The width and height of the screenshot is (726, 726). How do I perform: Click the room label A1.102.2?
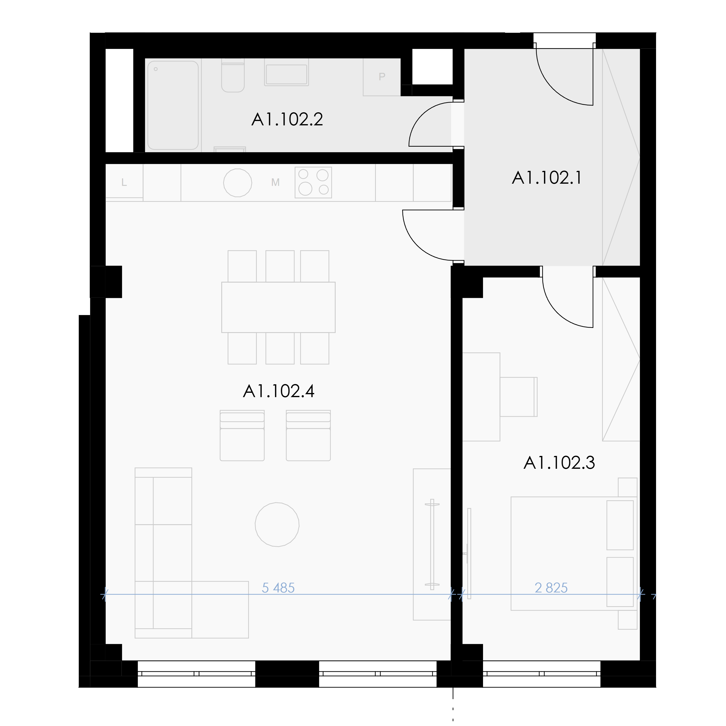click(x=287, y=120)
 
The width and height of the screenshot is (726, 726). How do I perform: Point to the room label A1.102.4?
click(x=279, y=391)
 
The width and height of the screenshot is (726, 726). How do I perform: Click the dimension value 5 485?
click(x=278, y=588)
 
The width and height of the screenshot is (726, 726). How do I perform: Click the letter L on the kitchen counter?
click(x=124, y=183)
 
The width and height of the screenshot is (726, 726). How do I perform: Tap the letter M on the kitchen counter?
click(x=275, y=183)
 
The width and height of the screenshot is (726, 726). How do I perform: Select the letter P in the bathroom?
click(x=382, y=77)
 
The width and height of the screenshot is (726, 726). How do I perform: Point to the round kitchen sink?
click(x=237, y=183)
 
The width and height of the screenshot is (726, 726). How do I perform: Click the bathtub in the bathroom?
click(x=173, y=105)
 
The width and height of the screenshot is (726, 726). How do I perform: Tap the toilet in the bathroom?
click(x=233, y=76)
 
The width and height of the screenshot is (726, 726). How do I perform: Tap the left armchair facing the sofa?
click(x=242, y=436)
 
